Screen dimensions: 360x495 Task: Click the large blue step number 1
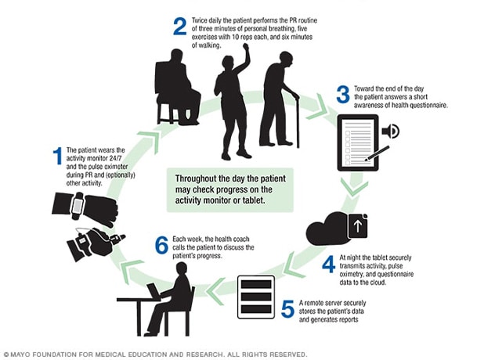coord(57,155)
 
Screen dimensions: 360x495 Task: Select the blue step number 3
coord(342,95)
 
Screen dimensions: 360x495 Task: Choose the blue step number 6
coord(161,246)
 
